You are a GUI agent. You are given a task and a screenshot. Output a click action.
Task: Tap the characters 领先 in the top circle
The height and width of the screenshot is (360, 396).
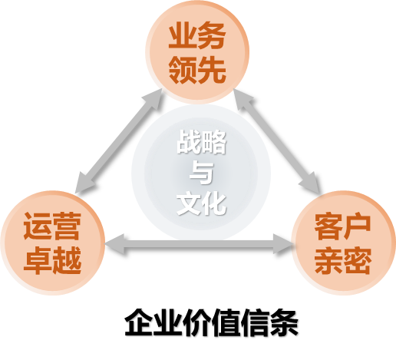point(197,69)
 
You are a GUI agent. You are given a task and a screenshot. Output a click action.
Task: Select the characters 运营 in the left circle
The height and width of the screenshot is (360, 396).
point(52,226)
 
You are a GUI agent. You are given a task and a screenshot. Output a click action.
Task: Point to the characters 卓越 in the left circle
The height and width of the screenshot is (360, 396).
point(52,260)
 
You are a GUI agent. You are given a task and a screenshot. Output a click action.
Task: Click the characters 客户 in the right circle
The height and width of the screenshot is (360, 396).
point(343,226)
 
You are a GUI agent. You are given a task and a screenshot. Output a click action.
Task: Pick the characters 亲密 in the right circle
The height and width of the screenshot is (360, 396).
point(343,260)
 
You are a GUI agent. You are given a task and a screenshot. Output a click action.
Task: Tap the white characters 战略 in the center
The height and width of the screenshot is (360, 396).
point(201,141)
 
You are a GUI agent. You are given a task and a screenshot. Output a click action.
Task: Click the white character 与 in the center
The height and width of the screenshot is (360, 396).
point(201,172)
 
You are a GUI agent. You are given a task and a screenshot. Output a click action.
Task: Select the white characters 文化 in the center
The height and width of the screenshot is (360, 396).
point(201,203)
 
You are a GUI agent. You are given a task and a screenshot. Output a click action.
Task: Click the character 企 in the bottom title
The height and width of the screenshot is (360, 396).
point(139,322)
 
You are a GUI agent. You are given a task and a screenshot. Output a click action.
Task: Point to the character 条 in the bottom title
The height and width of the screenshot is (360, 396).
point(284,322)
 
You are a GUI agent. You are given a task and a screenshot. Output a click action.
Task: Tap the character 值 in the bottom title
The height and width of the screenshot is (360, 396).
point(226,322)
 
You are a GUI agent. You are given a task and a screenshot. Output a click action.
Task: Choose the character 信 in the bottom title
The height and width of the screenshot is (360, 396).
point(255,322)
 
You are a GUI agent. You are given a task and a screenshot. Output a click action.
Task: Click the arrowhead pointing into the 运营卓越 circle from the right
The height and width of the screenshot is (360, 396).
point(115,244)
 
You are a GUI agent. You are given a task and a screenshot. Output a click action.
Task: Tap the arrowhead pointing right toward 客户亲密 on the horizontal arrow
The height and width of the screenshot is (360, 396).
point(283,244)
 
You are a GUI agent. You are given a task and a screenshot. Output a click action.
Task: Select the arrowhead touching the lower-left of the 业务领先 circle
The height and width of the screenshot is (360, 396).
point(153,98)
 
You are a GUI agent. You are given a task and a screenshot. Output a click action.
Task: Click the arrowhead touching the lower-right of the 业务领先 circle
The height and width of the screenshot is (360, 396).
point(243,99)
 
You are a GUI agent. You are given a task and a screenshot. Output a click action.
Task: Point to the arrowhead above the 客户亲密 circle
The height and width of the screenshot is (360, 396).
point(310,183)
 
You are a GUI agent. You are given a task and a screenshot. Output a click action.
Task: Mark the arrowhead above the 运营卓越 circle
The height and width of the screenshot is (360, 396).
point(84,183)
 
